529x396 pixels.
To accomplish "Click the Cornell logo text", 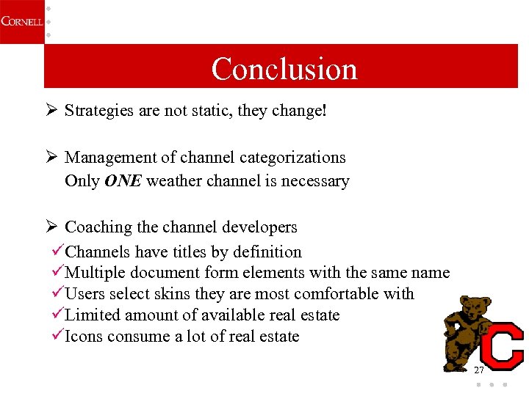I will tap(21, 21).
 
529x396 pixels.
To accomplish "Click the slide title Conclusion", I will tap(284, 69).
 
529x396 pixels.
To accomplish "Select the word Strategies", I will tap(98, 111).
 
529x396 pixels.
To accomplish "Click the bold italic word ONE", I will tap(123, 181).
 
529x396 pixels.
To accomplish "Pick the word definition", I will tap(267, 252).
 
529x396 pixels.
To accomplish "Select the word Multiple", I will tap(96, 273).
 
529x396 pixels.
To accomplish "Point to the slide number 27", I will tap(479, 370).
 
